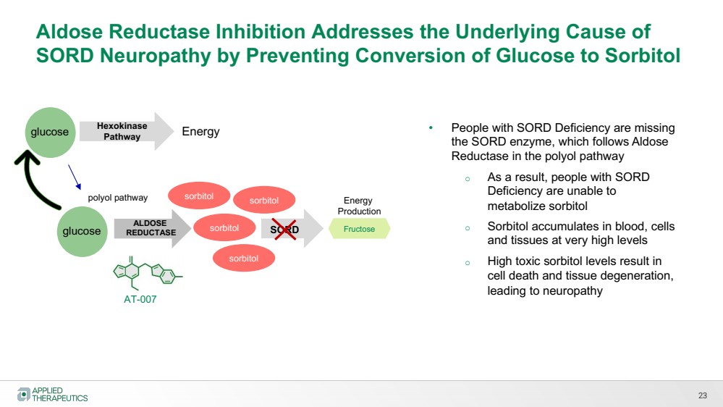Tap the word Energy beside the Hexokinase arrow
click(200, 132)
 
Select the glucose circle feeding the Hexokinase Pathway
click(50, 133)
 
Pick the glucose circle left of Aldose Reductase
click(82, 231)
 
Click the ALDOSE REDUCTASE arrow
click(152, 228)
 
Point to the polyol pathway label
click(117, 198)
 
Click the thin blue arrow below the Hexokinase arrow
click(75, 177)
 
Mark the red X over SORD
click(284, 229)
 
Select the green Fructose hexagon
click(359, 229)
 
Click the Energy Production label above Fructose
click(359, 206)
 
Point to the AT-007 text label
click(140, 299)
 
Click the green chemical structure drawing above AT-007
click(147, 273)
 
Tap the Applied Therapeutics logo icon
click(23, 394)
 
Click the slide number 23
click(702, 395)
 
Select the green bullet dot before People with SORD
click(431, 127)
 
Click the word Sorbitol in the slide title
click(643, 55)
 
